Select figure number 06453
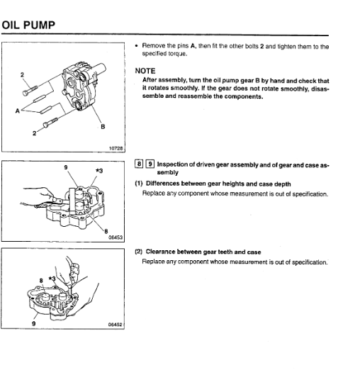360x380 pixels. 116,237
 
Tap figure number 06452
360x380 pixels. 116,324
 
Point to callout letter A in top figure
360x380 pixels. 16,111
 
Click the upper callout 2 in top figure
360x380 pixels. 22,74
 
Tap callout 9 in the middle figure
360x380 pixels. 66,167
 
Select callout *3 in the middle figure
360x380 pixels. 99,171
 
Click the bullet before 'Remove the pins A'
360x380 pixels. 136,47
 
